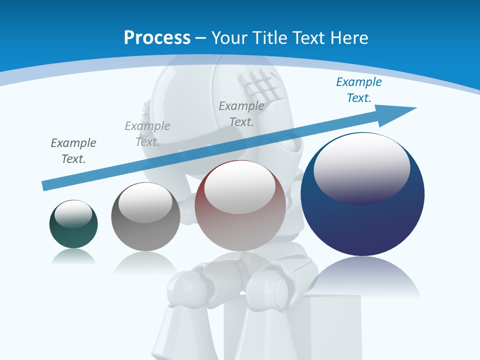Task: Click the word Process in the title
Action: point(157,38)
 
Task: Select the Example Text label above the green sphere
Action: point(73,151)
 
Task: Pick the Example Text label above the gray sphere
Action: point(147,133)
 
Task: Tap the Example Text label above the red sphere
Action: point(241,113)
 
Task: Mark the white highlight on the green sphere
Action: point(73,214)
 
